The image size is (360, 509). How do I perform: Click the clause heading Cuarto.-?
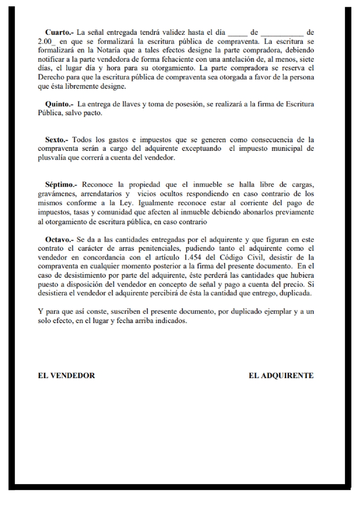click(x=60, y=33)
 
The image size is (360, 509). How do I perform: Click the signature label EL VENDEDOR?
click(x=66, y=376)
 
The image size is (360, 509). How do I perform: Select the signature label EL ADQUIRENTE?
click(x=281, y=376)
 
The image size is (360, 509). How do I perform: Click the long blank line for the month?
click(x=282, y=33)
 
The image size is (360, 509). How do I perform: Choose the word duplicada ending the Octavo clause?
click(x=296, y=293)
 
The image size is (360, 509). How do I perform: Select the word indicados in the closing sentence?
click(x=172, y=320)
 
